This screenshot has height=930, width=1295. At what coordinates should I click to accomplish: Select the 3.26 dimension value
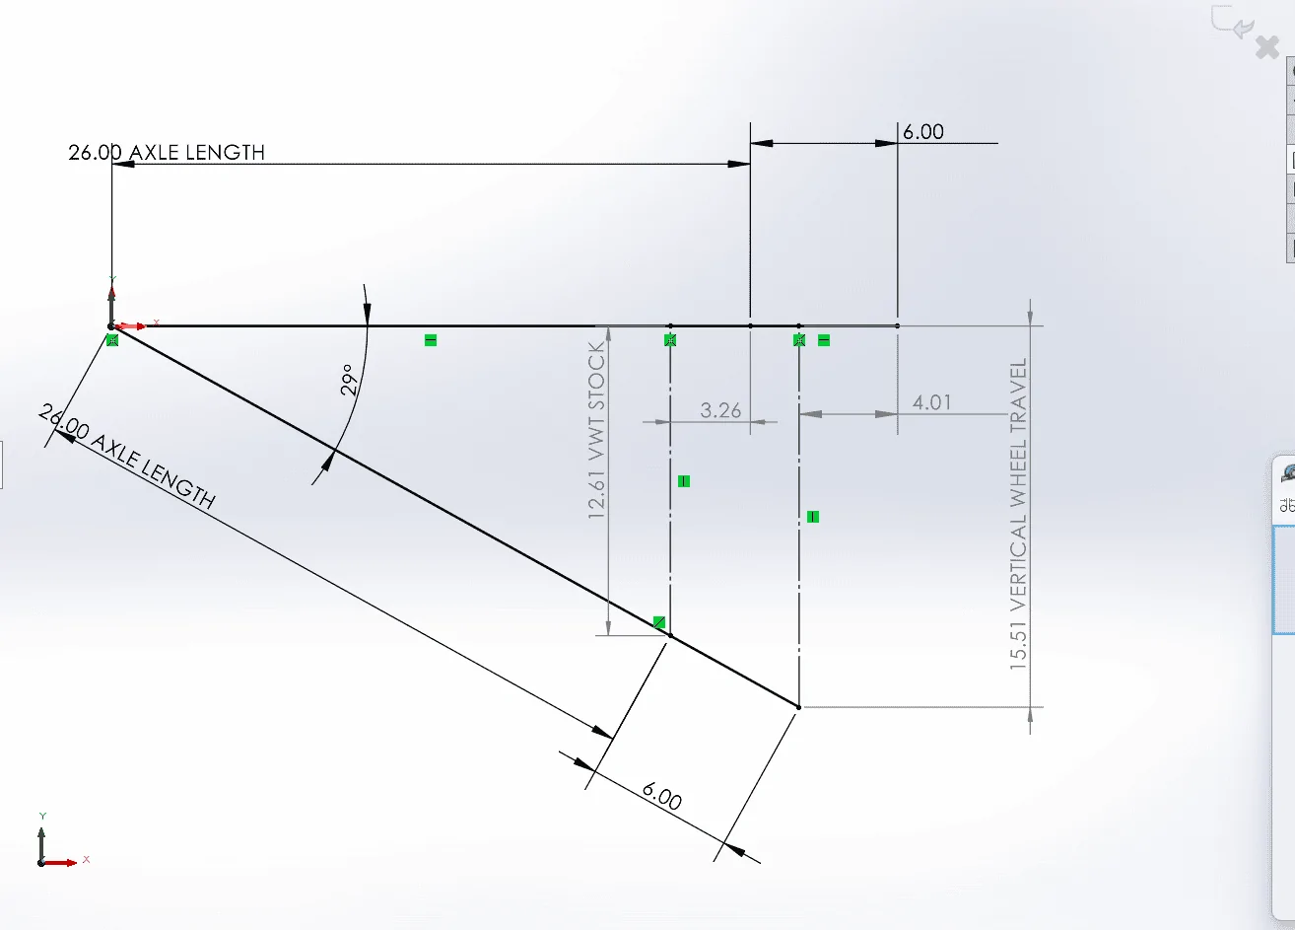pos(720,410)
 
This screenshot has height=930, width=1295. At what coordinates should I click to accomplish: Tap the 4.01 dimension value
pos(931,402)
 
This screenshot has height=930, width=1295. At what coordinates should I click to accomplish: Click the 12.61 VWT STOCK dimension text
pos(596,430)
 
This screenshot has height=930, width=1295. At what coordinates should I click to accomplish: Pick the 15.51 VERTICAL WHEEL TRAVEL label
pos(1018,514)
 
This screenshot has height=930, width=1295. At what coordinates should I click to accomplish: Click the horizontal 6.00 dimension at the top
pos(923,132)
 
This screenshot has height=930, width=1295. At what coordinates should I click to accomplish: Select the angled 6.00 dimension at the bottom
pos(662,797)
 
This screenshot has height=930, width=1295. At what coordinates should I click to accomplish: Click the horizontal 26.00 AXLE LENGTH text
pos(167,153)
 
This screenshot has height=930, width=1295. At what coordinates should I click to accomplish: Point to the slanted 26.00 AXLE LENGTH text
pos(127,457)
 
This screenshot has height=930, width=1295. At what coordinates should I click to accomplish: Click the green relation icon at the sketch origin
pos(112,340)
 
